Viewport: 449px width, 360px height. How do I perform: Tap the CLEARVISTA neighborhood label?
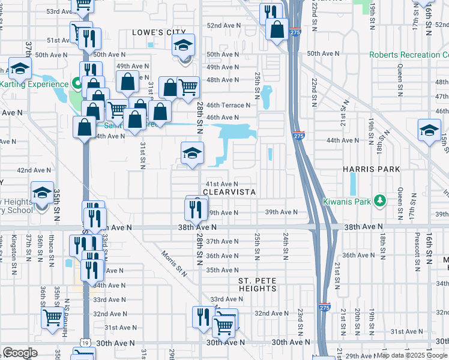coord(229,192)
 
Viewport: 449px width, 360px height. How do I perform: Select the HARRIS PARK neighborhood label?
coord(371,170)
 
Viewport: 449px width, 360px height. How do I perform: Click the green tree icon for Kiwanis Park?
coord(378,200)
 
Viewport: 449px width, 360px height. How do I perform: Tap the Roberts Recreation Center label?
coord(408,55)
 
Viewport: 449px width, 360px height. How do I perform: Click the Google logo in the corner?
coord(20,353)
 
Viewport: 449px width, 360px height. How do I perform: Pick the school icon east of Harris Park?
coord(430,130)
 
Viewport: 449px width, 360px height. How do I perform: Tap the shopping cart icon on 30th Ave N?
coord(224,326)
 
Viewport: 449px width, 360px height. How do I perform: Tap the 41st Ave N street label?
coord(222,184)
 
